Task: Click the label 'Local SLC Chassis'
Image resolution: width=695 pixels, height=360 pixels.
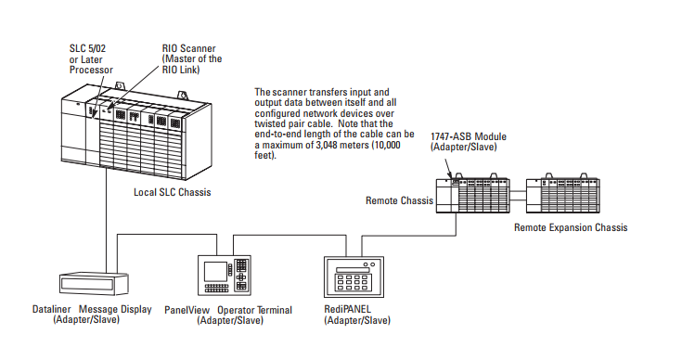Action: (x=173, y=192)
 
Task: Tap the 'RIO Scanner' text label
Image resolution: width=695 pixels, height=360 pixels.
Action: (x=188, y=48)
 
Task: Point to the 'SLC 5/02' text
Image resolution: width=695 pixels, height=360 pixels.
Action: (x=88, y=48)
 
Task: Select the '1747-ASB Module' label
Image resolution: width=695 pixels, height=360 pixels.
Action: (x=469, y=136)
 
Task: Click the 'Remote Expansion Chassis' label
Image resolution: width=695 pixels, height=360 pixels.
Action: (x=571, y=227)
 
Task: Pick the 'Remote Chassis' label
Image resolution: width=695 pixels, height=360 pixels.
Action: (x=399, y=200)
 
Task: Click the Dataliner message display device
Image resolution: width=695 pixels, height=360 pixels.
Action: (x=94, y=283)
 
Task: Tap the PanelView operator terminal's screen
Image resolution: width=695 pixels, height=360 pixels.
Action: (x=215, y=271)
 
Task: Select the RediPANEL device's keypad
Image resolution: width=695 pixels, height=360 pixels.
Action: (x=352, y=282)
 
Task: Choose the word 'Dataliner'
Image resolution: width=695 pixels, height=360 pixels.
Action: (x=51, y=309)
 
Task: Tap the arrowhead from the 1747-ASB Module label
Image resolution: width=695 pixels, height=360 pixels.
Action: (x=452, y=176)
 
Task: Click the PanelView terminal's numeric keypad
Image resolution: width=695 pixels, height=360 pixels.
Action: (x=240, y=275)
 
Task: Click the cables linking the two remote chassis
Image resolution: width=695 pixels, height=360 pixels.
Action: (x=518, y=195)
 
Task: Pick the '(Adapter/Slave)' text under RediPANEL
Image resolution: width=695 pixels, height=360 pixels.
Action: (x=357, y=320)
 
